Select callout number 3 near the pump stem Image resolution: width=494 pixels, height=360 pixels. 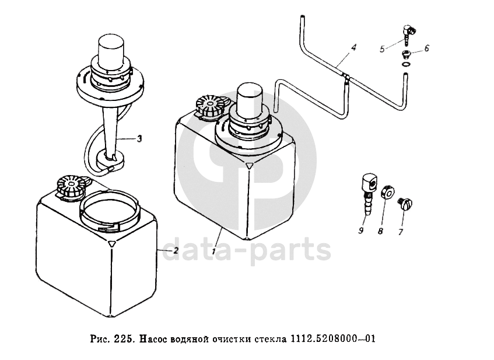pyautogui.click(x=139, y=138)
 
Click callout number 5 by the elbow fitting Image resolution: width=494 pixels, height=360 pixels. pyautogui.click(x=382, y=50)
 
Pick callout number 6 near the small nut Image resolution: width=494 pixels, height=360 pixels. pyautogui.click(x=426, y=48)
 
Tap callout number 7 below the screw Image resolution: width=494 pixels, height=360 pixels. pyautogui.click(x=401, y=231)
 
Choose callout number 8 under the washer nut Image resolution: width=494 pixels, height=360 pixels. pyautogui.click(x=381, y=231)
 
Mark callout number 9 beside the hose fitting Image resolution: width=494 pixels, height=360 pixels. pyautogui.click(x=361, y=231)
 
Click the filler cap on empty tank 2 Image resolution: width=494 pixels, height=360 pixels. pyautogui.click(x=69, y=187)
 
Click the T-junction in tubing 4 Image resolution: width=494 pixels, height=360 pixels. pyautogui.click(x=345, y=76)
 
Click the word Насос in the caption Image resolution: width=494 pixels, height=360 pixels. pyautogui.click(x=155, y=339)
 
